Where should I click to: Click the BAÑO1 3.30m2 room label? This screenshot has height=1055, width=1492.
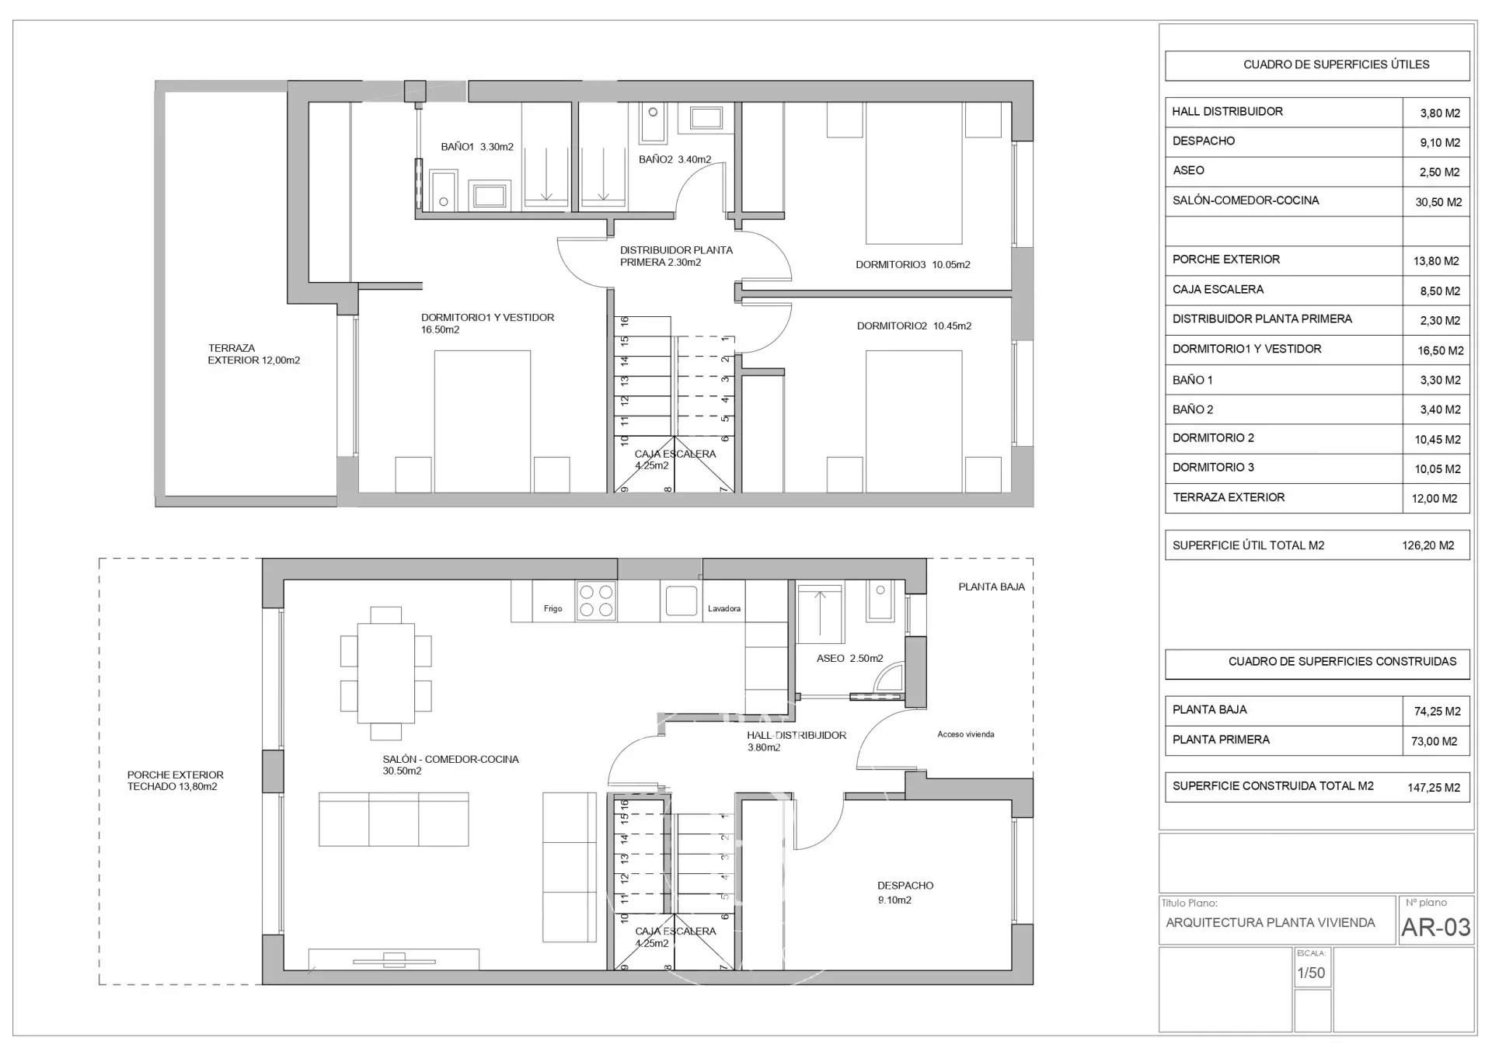pos(476,147)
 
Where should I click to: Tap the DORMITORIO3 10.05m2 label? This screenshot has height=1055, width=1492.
pos(912,265)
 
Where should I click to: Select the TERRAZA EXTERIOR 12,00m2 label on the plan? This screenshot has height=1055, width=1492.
pos(253,354)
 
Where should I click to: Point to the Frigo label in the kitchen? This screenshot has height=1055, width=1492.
pos(553,608)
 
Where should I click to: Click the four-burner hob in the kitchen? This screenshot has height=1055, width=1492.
pos(596,601)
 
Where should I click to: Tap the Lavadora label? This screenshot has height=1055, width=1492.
pos(723,608)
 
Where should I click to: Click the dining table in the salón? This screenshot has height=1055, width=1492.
pos(385,673)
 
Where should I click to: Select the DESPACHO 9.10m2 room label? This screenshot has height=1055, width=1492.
pos(905,893)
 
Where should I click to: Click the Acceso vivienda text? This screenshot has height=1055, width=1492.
pos(965,734)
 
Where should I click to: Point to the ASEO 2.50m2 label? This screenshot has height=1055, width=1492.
pos(849,658)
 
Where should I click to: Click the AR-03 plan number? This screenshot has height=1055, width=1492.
pos(1435,927)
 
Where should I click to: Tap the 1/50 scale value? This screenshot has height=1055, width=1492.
pos(1311,973)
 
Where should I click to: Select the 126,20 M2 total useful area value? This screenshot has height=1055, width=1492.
pos(1428,545)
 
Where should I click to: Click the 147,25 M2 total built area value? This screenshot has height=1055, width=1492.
pos(1433,787)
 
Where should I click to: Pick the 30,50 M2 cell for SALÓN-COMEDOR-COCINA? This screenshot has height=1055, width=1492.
pos(1438,202)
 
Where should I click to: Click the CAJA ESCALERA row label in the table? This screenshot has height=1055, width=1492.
pos(1218,290)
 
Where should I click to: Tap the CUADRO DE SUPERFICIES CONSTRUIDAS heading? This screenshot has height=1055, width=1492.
pos(1342,662)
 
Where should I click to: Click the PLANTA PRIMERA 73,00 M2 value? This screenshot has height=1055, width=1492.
pos(1434,741)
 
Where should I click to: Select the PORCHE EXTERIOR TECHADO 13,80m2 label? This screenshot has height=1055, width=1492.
pos(175,781)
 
